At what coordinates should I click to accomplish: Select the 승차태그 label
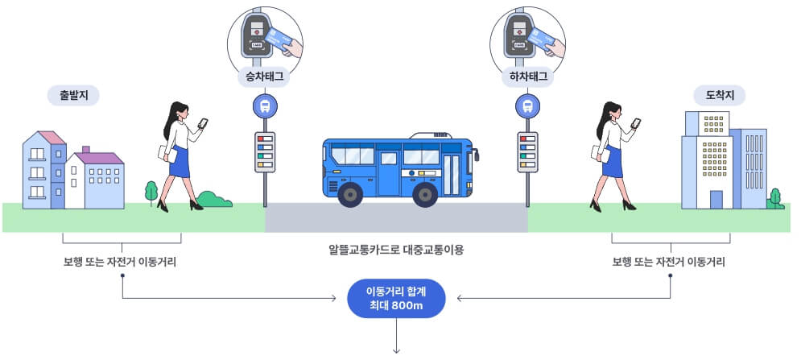coord(264,77)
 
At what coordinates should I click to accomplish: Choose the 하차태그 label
coord(528,77)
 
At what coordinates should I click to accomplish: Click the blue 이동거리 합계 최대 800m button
coord(396,299)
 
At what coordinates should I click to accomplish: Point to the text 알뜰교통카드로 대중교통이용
coord(396,249)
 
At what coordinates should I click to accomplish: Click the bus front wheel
coord(424,194)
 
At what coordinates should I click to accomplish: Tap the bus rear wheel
coord(351,194)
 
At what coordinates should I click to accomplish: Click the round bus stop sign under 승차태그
coord(265,106)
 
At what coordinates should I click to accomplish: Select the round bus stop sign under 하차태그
coord(528,106)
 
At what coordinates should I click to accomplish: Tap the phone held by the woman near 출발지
coord(202,123)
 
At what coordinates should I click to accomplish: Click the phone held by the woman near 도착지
coord(635,123)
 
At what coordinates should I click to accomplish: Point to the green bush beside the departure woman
coord(213,199)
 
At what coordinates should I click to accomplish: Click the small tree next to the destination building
coord(775,197)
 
